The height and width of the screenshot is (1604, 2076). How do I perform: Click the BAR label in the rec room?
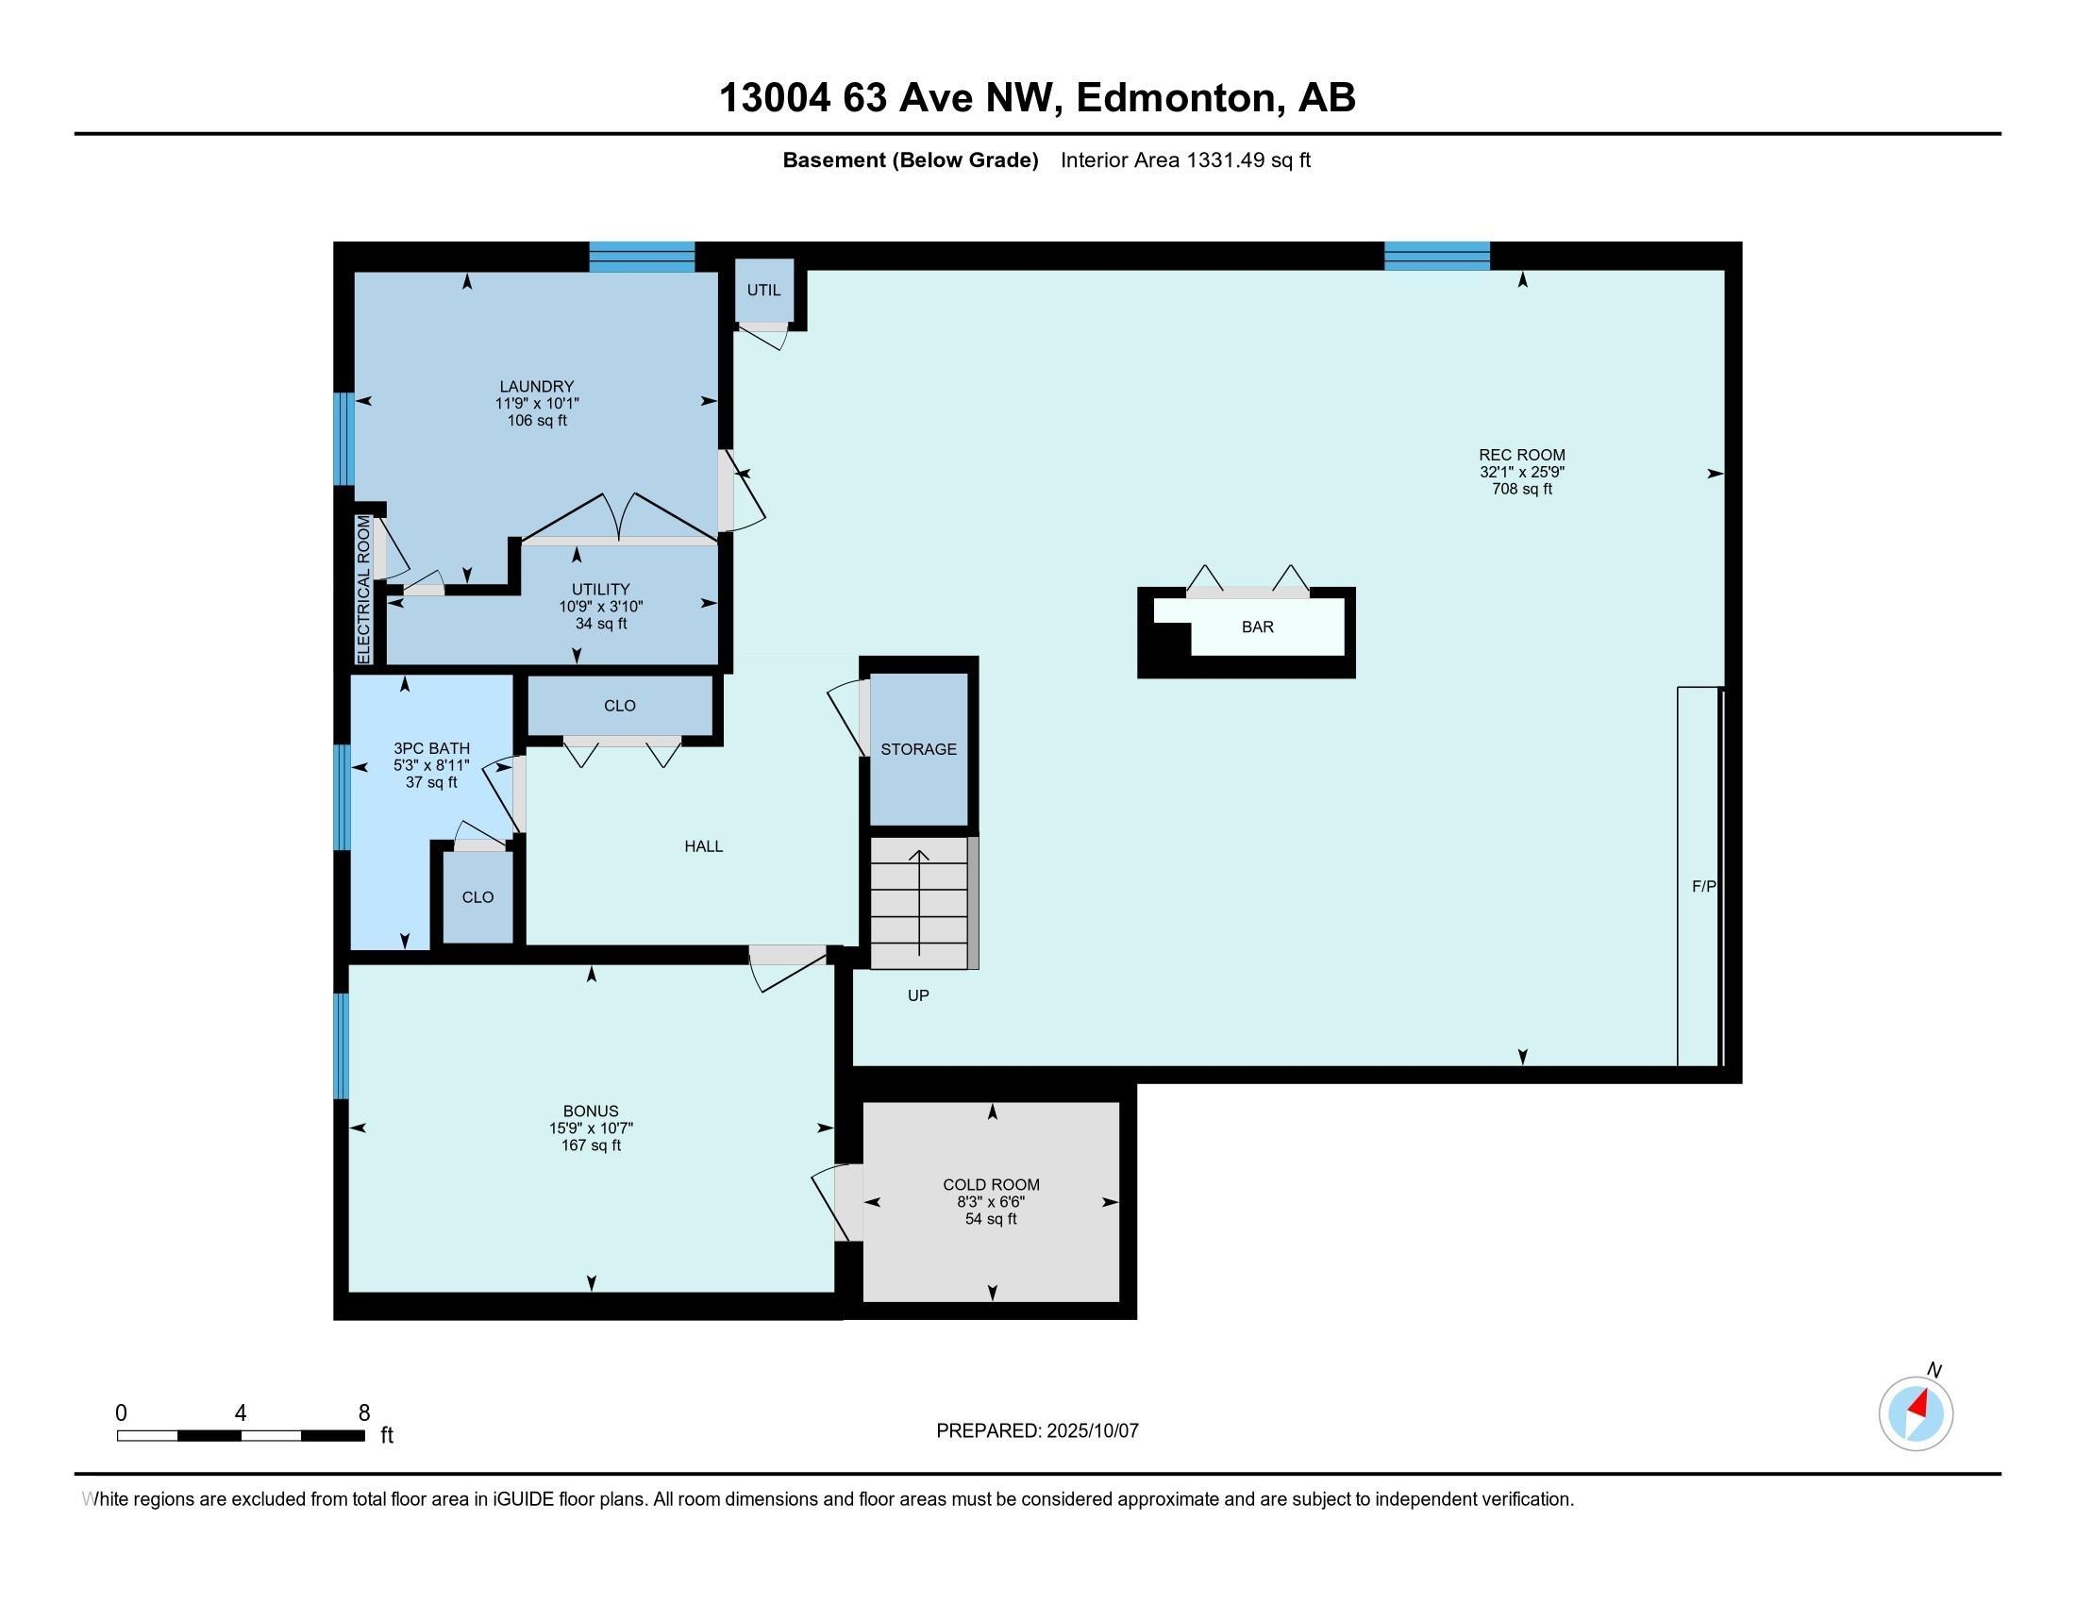pos(1257,627)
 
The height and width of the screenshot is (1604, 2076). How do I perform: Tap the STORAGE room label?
pos(918,750)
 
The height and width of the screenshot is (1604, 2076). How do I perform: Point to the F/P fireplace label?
pos(1704,887)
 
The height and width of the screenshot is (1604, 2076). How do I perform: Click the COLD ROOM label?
pos(992,1185)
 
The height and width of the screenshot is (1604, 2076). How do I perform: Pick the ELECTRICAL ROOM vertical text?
pos(363,589)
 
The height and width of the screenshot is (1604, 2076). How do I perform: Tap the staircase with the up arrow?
pos(919,903)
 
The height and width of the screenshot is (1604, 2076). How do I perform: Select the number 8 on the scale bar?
pos(364,1413)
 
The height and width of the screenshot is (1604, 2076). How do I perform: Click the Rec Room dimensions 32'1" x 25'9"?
pos(1522,473)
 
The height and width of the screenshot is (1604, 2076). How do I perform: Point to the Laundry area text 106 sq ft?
pos(537,421)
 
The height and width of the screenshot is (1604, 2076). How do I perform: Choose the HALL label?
pos(703,846)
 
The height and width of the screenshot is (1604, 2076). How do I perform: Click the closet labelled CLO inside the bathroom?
pos(478,897)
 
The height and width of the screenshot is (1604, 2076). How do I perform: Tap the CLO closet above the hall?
pos(620,706)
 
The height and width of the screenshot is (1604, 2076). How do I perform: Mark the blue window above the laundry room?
pos(642,257)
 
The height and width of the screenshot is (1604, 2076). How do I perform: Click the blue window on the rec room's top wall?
pos(1436,256)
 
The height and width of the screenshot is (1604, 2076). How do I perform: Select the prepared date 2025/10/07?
pos(1091,1431)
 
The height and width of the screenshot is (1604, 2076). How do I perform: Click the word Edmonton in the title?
pos(1176,98)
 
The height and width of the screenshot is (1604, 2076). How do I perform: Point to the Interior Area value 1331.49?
pos(1226,160)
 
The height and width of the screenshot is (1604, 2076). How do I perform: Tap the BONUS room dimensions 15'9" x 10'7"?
pos(591,1128)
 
